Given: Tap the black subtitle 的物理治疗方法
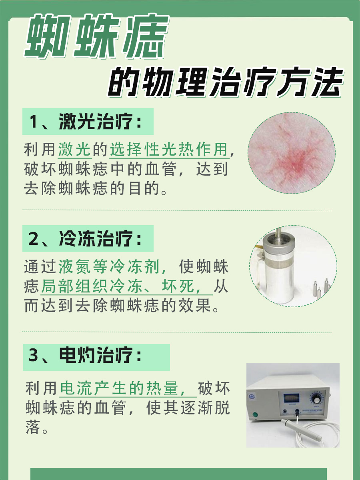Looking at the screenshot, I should click(x=226, y=83).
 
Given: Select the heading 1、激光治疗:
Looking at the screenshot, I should click(x=86, y=122).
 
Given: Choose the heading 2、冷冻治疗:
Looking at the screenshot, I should click(x=86, y=239).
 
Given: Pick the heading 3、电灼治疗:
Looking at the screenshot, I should click(x=86, y=356).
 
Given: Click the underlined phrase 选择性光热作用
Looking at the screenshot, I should click(x=170, y=150).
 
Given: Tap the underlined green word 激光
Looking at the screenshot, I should click(x=75, y=150).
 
